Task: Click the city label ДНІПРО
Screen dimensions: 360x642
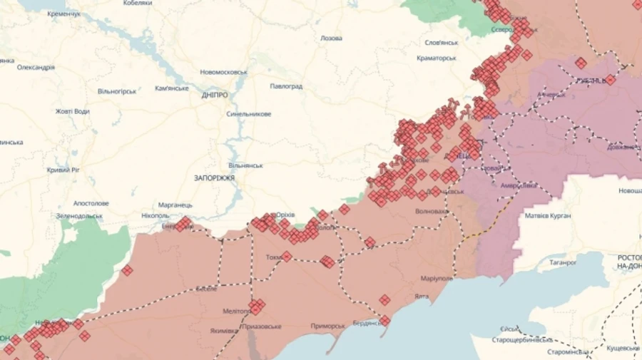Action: point(215,95)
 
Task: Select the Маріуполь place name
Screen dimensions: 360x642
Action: point(437,279)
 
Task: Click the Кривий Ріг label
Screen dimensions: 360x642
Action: point(63,170)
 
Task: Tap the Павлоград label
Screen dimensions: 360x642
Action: point(286,86)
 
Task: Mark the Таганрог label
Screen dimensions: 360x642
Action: point(563,262)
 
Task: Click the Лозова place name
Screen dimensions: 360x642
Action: point(331,38)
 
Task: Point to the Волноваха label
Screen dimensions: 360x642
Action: point(432,212)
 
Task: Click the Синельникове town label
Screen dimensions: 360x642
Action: point(248,114)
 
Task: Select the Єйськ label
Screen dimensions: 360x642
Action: point(509,329)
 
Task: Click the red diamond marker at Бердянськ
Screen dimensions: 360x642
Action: point(384,321)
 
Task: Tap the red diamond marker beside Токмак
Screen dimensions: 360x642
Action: point(287,256)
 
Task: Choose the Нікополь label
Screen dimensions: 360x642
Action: point(155,215)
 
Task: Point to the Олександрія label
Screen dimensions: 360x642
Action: point(36,68)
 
